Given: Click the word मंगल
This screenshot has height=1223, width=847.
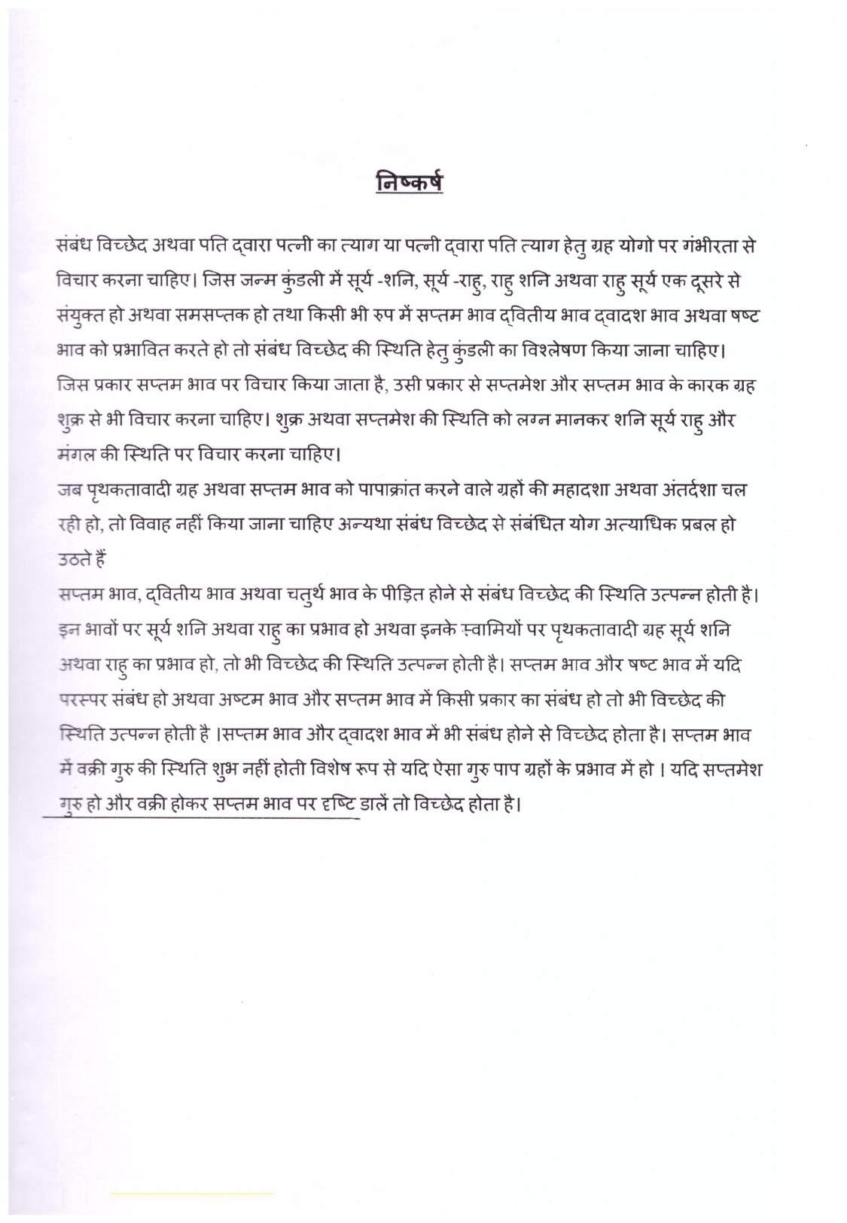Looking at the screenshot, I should tap(81, 454).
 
